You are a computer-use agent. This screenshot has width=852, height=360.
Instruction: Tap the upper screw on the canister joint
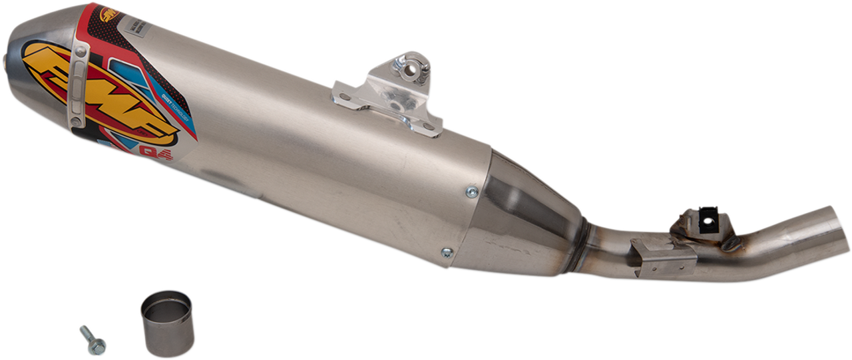[x=472, y=190]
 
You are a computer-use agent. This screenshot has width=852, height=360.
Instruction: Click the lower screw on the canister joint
[x=447, y=252]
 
